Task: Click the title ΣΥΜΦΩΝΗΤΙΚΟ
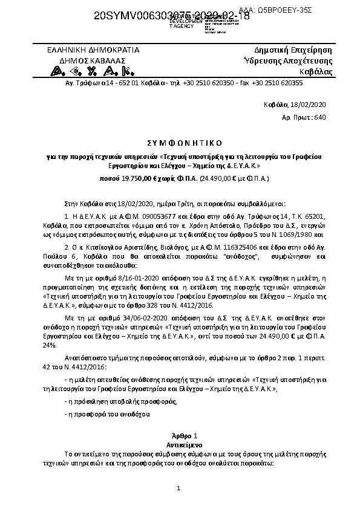pyautogui.click(x=180, y=143)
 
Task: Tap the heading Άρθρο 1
pyautogui.click(x=180, y=436)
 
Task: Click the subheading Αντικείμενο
pyautogui.click(x=180, y=444)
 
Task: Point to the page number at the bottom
pyautogui.click(x=180, y=487)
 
